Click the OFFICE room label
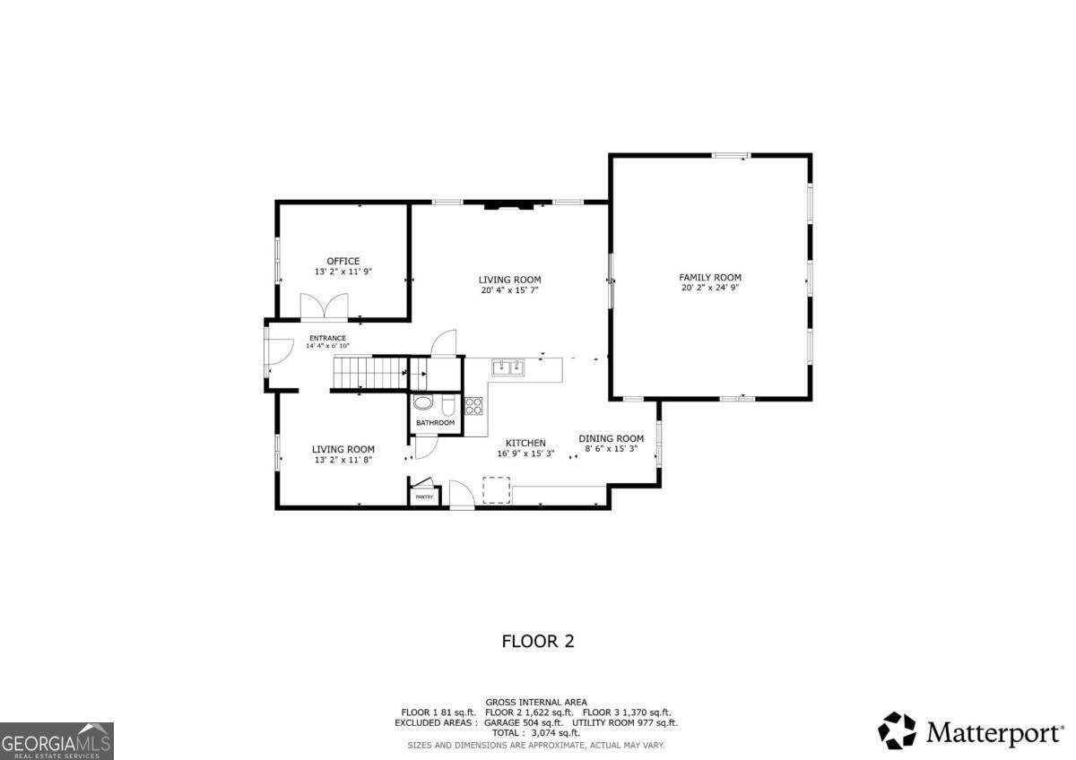[x=343, y=261]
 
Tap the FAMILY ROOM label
[x=709, y=278]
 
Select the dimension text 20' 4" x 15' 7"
[x=509, y=289]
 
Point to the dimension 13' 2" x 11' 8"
[x=343, y=460]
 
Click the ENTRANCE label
[x=327, y=338]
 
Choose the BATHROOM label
[x=435, y=423]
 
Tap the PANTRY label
[x=424, y=497]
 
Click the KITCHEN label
[x=525, y=443]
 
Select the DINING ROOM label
[x=611, y=438]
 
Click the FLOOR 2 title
[x=537, y=641]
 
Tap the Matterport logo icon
[x=897, y=730]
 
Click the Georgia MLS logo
[x=56, y=740]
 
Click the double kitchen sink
[x=508, y=367]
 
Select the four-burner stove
[x=473, y=405]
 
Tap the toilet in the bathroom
[x=448, y=404]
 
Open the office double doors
[x=324, y=307]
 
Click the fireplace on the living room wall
[x=508, y=206]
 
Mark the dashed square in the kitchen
[x=496, y=490]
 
